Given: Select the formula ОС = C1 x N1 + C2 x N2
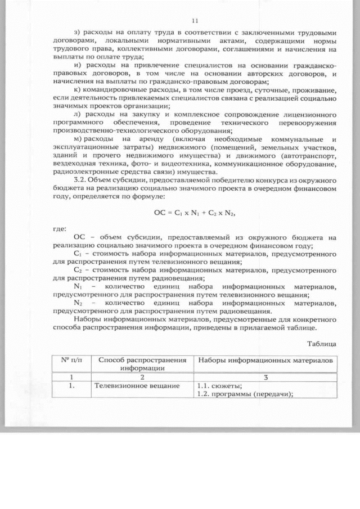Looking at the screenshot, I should (x=195, y=213).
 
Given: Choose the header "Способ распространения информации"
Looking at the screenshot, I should (x=141, y=364).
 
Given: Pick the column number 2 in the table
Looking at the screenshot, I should (x=142, y=377).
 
